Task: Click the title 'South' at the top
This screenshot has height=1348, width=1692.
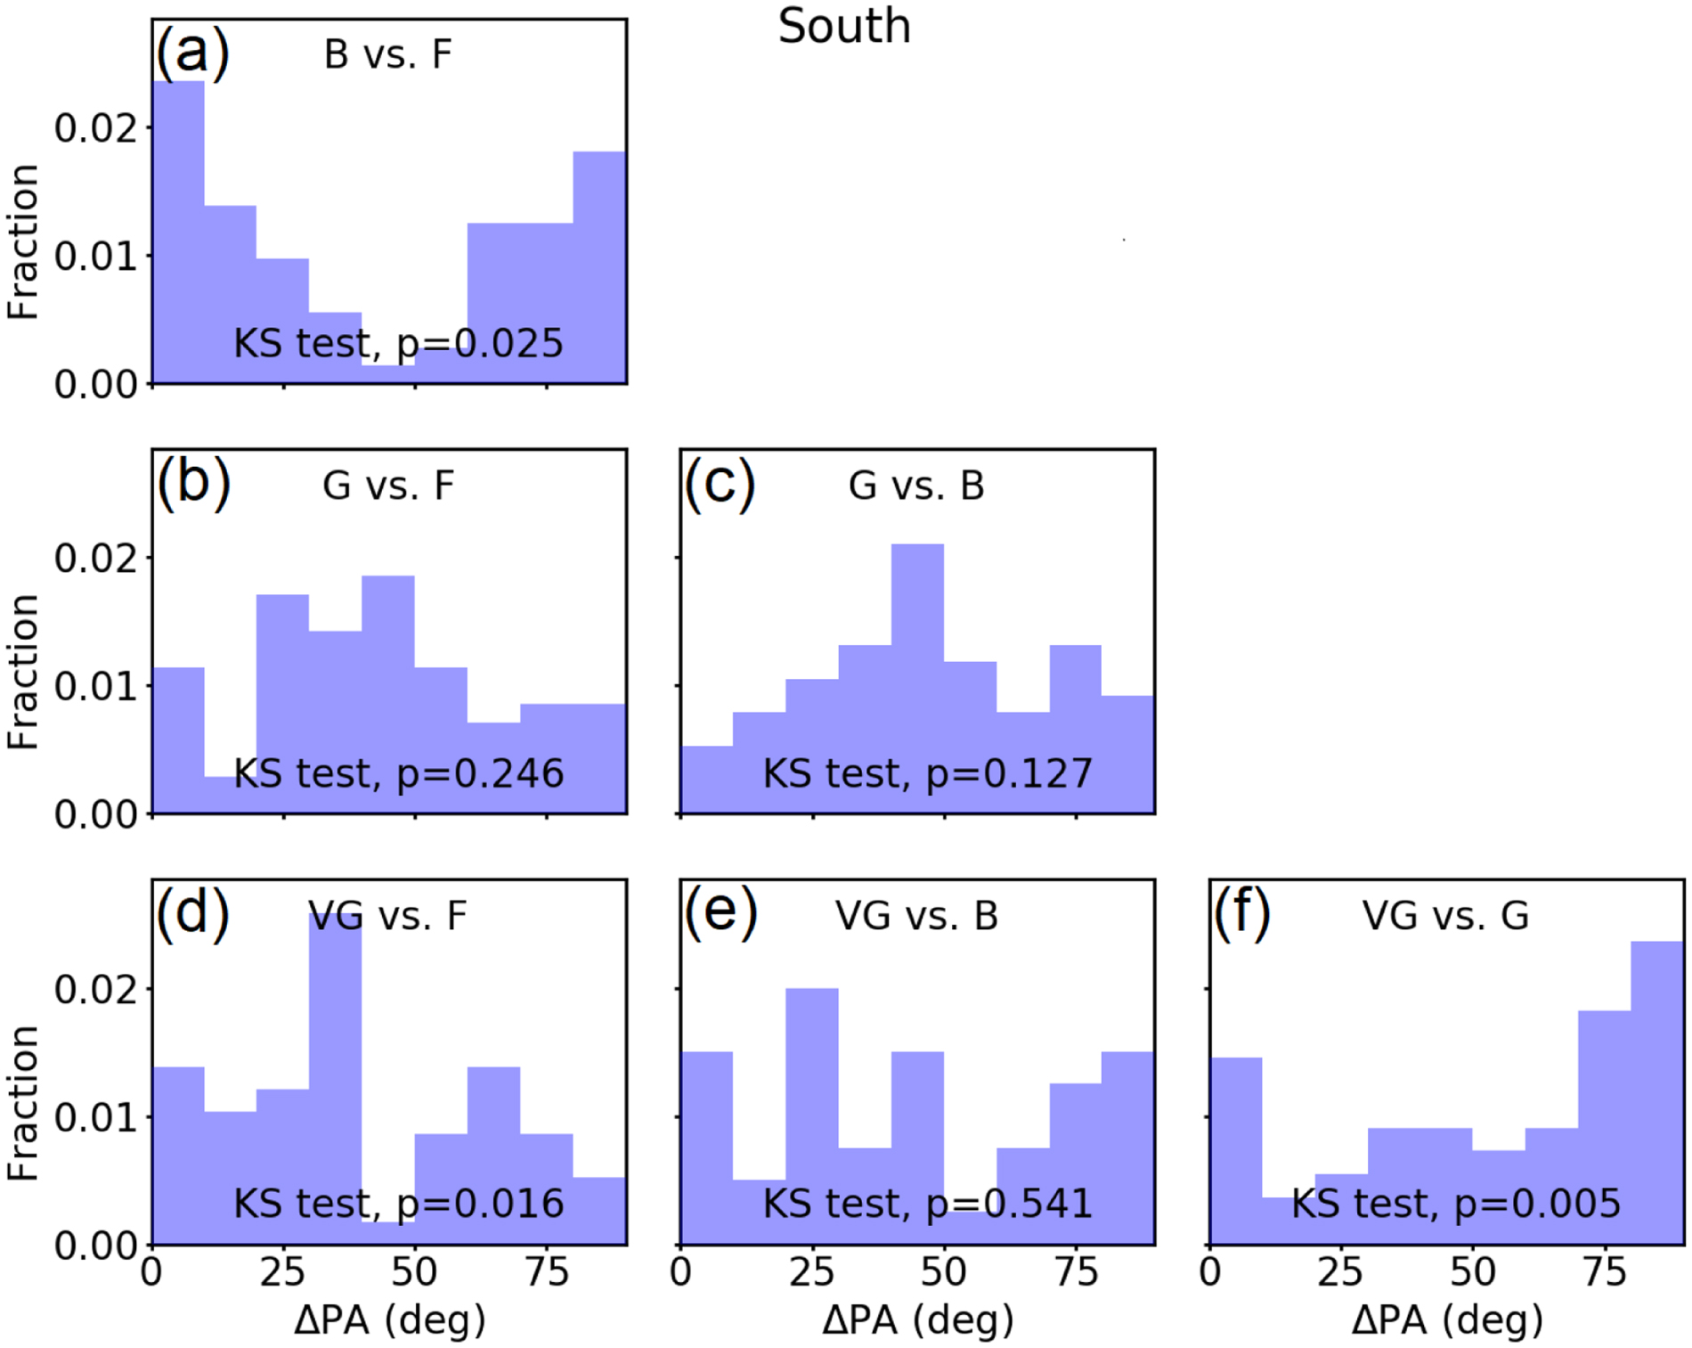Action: (x=844, y=26)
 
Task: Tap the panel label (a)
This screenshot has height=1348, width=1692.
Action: (x=192, y=52)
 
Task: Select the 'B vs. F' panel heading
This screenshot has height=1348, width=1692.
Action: (x=388, y=54)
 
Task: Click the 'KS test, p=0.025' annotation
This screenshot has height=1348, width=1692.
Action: (x=398, y=343)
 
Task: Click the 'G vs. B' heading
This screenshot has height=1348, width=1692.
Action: (x=916, y=486)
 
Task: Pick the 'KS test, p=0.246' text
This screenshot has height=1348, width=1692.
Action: (x=398, y=773)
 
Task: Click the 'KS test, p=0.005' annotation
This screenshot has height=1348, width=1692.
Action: (x=1456, y=1204)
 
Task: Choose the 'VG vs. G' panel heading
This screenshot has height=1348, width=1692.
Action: (x=1445, y=916)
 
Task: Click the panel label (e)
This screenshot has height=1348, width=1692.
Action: (x=720, y=913)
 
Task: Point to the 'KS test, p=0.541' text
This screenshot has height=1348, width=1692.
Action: (x=927, y=1204)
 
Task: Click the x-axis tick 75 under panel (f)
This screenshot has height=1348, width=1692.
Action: (x=1605, y=1272)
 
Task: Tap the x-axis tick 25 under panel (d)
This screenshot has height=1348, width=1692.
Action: (x=282, y=1272)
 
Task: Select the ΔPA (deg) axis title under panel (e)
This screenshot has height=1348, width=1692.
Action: (x=917, y=1319)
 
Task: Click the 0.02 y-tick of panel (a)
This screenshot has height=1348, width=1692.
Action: (x=96, y=128)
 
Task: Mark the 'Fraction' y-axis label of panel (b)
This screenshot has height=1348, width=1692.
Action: (x=23, y=673)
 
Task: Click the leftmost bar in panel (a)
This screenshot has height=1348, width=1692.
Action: (x=178, y=232)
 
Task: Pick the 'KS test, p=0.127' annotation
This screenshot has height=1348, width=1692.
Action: (x=927, y=773)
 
